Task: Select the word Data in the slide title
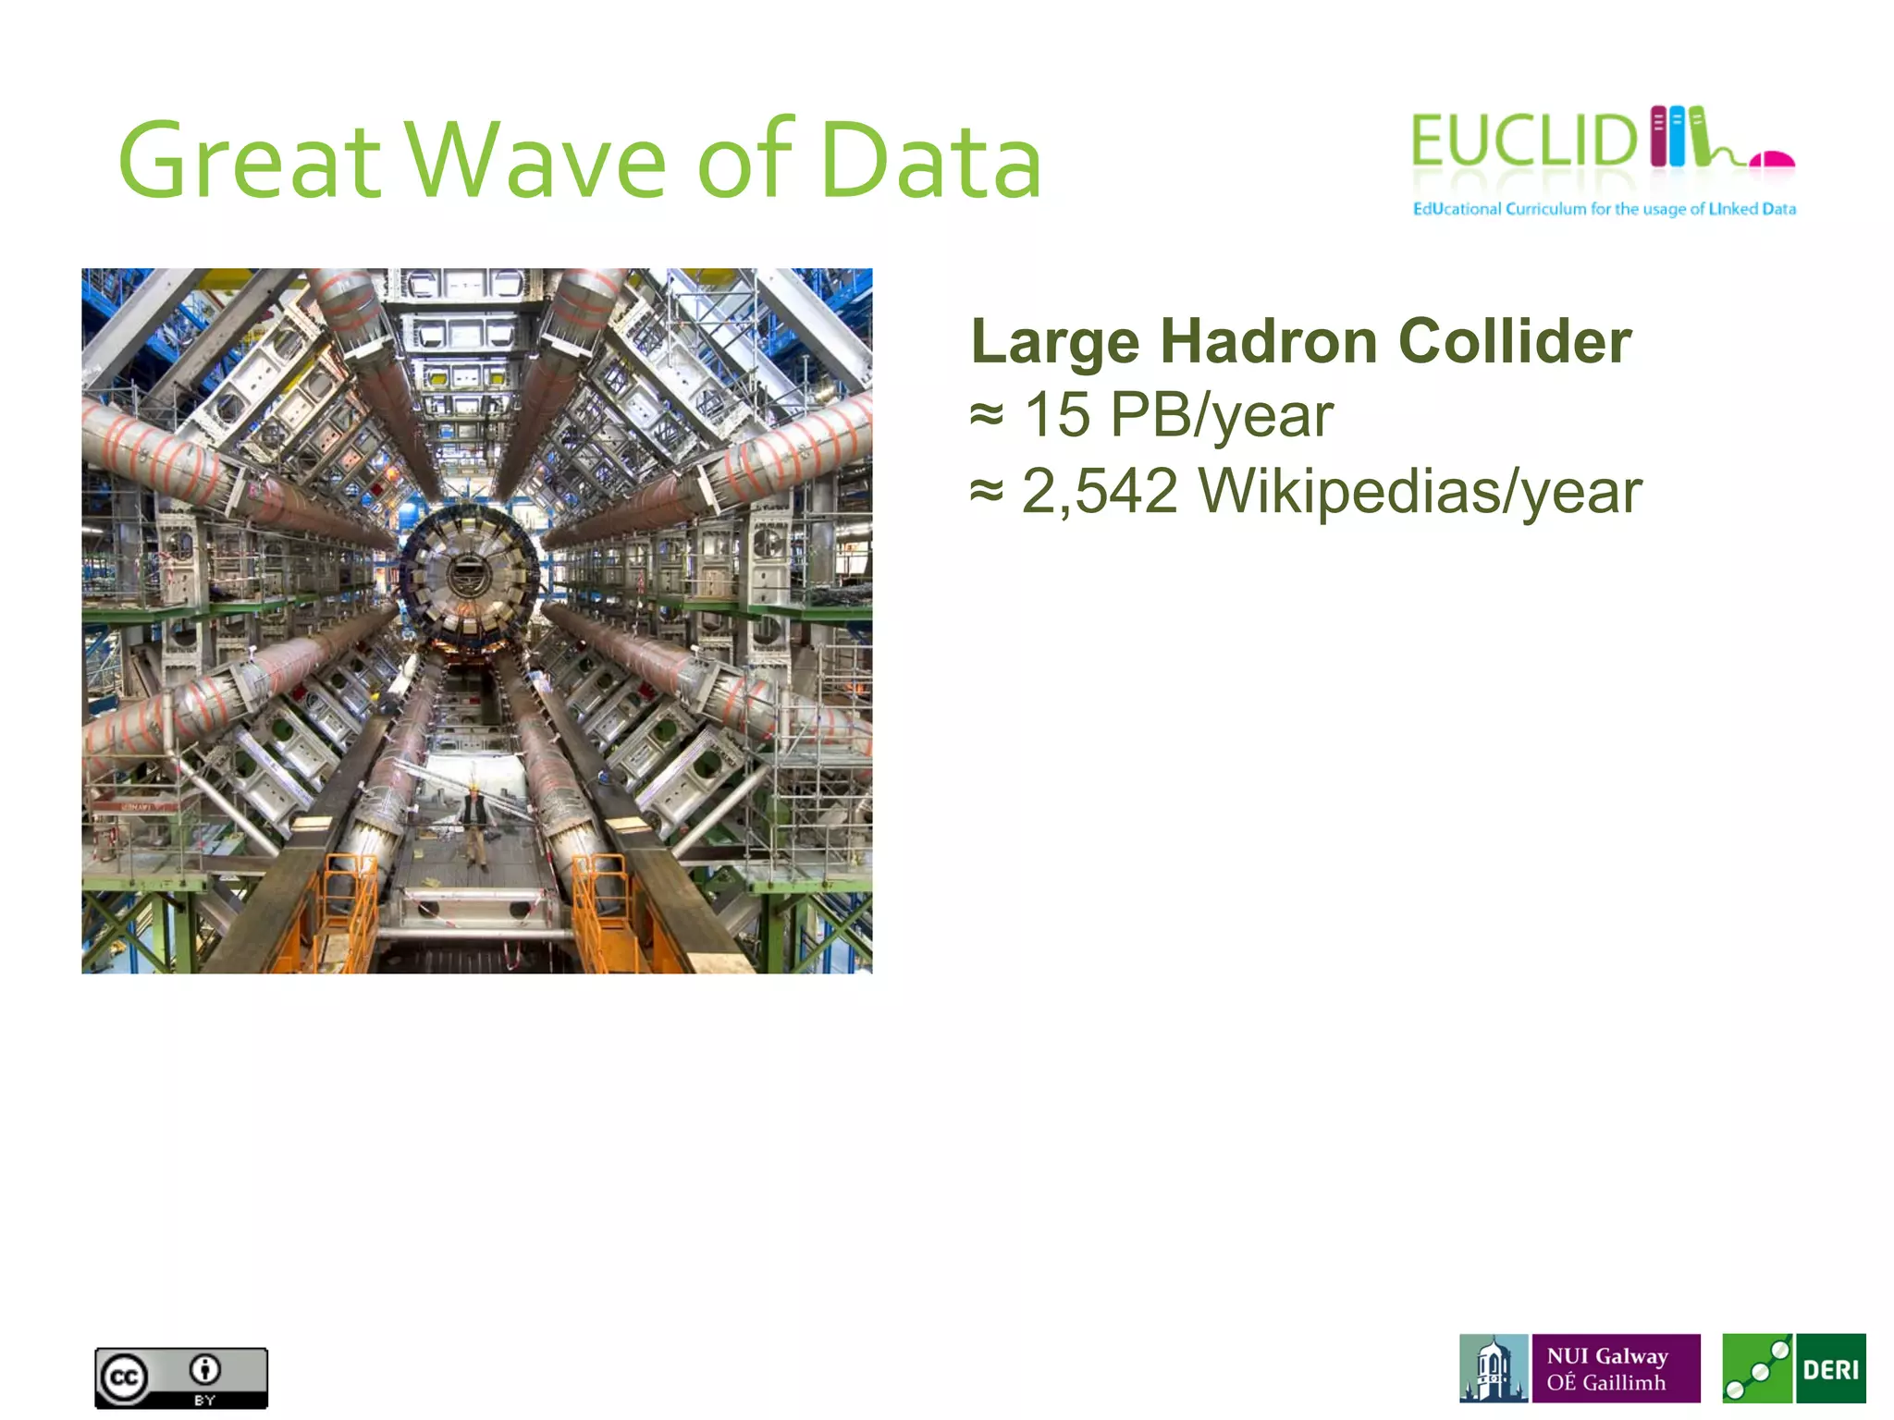tap(929, 162)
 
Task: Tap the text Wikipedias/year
tap(1420, 491)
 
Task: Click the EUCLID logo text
tap(1522, 141)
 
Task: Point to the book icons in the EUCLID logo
tap(1677, 137)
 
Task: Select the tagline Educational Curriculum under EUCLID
tap(1603, 209)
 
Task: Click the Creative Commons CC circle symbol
tap(124, 1378)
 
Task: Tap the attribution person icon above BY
tap(204, 1368)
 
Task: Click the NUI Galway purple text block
tap(1615, 1368)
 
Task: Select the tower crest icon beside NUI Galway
tap(1493, 1368)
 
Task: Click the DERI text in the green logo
tap(1829, 1369)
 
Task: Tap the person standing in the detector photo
tap(474, 826)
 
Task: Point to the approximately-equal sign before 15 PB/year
tap(986, 415)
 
